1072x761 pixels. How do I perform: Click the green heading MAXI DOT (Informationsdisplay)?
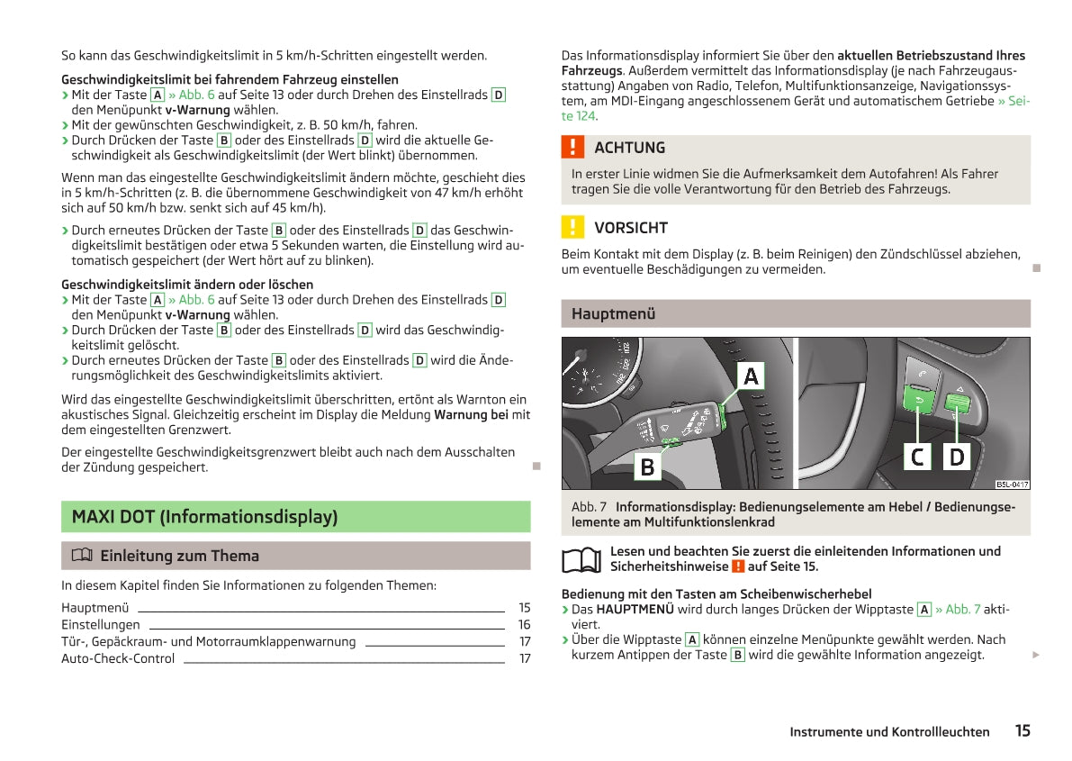(205, 517)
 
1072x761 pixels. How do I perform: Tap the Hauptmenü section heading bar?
(795, 314)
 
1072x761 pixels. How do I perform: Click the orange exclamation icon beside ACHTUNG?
(572, 148)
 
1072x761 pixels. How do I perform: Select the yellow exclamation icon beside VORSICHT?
(572, 227)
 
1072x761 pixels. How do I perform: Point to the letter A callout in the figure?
(752, 376)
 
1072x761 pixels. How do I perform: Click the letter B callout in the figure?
(646, 467)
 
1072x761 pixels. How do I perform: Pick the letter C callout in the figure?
(917, 457)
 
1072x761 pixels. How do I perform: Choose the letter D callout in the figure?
(957, 457)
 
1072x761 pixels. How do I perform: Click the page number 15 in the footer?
(1022, 731)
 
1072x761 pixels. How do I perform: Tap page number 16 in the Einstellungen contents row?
(524, 625)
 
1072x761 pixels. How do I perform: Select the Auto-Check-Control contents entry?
(118, 659)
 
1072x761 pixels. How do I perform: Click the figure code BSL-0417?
(1012, 485)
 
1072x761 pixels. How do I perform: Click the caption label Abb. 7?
(589, 507)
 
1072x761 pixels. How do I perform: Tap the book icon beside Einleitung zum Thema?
(78, 557)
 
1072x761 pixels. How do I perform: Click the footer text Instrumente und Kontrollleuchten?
(889, 732)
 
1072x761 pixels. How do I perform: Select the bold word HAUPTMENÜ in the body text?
(635, 610)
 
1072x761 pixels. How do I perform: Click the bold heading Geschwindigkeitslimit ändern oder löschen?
(187, 285)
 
